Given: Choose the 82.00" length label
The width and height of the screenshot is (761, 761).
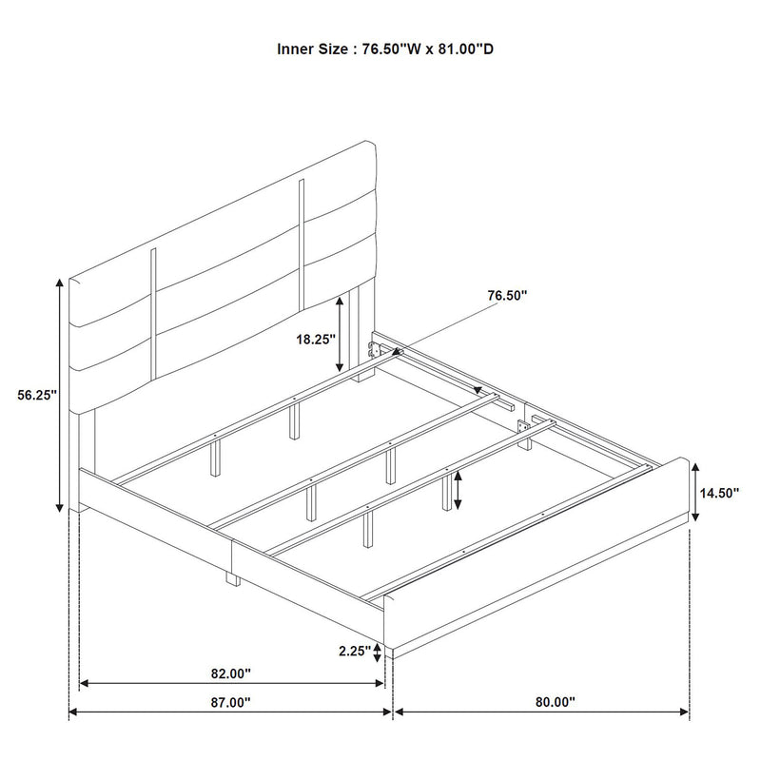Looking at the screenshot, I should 230,673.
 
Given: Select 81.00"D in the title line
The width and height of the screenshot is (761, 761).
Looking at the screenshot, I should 465,48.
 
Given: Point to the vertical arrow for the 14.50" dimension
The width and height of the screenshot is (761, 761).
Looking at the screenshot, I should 697,491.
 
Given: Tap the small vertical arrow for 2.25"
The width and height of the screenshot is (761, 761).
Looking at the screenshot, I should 379,652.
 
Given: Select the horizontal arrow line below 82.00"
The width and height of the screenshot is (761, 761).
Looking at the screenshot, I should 230,683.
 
